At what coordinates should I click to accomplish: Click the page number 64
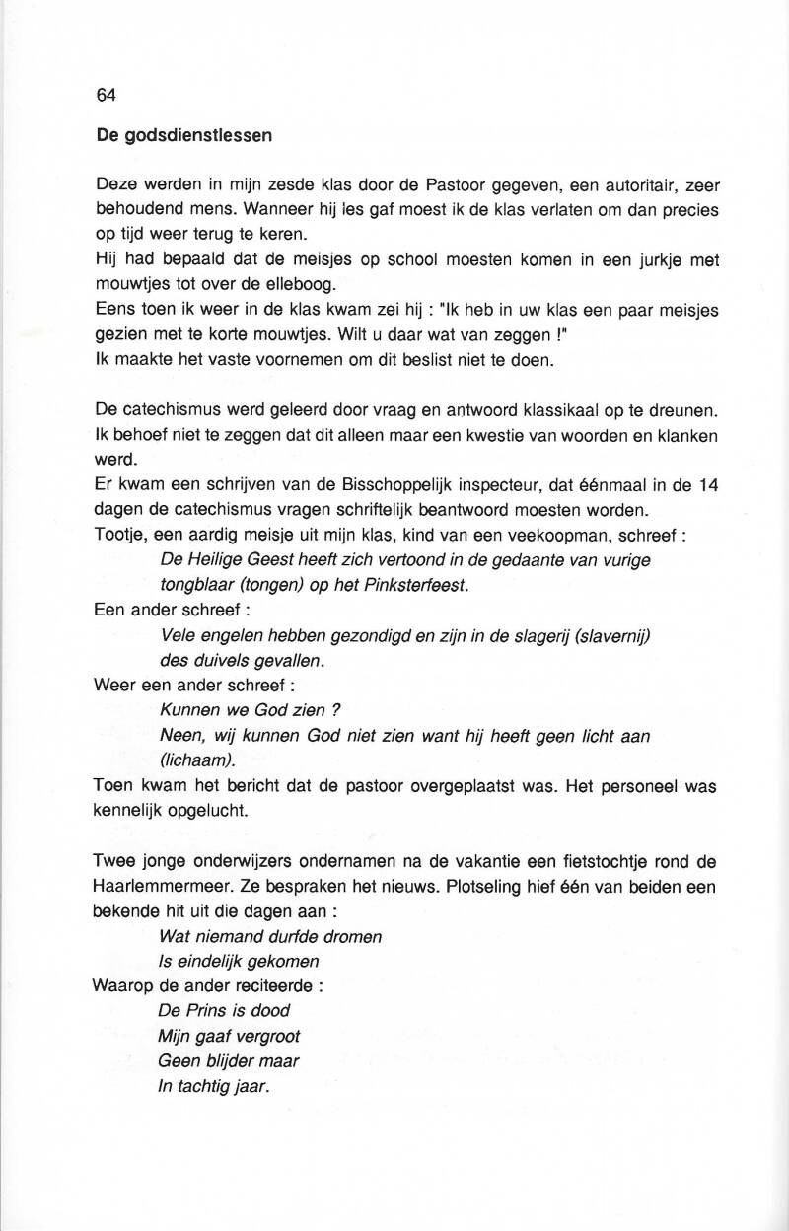(107, 96)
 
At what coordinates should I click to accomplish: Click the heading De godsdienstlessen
(184, 136)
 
